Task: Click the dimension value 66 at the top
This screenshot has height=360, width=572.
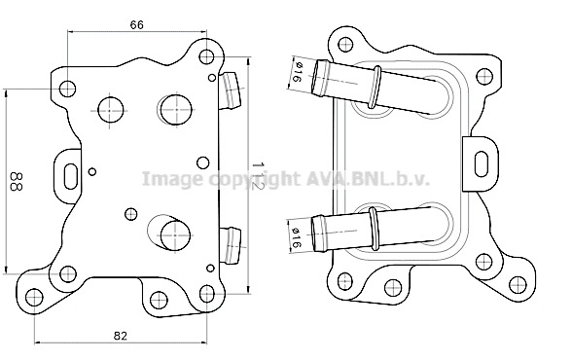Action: [x=137, y=24]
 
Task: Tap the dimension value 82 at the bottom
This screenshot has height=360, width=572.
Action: [x=120, y=336]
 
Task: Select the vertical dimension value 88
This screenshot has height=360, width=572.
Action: [x=17, y=181]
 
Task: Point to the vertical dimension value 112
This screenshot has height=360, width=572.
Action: [x=258, y=175]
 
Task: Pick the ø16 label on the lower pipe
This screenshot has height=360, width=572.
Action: [x=296, y=238]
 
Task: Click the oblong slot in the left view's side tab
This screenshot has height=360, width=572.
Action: [x=70, y=176]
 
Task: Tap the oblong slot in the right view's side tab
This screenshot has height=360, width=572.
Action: [x=482, y=163]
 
